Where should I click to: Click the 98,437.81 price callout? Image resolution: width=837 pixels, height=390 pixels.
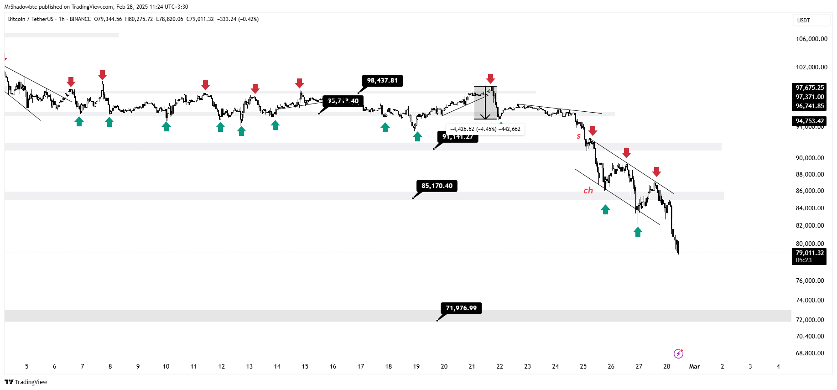coord(382,81)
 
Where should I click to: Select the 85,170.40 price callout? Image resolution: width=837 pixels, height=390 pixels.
coord(437,186)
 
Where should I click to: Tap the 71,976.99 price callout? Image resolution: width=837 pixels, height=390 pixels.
coord(461,308)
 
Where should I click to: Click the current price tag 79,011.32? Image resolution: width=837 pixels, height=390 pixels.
coord(810,253)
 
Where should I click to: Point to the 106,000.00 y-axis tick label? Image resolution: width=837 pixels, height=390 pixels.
coord(811,39)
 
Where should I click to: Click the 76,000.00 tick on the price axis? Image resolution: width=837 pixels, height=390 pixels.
coord(810,281)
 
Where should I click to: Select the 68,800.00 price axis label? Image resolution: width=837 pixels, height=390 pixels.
coord(810,354)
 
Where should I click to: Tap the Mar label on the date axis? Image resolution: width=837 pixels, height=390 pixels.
coord(694,367)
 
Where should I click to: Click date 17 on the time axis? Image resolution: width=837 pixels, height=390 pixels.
coord(361,367)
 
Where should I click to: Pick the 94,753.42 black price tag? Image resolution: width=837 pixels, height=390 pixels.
coord(810,121)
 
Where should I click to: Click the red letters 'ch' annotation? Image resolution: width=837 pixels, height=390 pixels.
coord(588,191)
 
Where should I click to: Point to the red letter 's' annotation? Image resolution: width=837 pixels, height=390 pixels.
coord(578,136)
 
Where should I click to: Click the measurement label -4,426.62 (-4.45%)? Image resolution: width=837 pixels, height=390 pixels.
coord(485,130)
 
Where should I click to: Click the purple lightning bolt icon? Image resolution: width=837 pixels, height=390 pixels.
coord(678,354)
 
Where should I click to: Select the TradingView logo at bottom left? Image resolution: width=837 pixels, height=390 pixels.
coord(26,382)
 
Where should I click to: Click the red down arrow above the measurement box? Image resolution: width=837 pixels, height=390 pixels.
coord(490,78)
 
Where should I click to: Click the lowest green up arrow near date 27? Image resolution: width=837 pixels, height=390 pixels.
coord(638,232)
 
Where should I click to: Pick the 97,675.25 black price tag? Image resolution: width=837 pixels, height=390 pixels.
coord(810,88)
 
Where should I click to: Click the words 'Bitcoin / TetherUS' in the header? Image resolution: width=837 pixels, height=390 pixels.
coord(31,19)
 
